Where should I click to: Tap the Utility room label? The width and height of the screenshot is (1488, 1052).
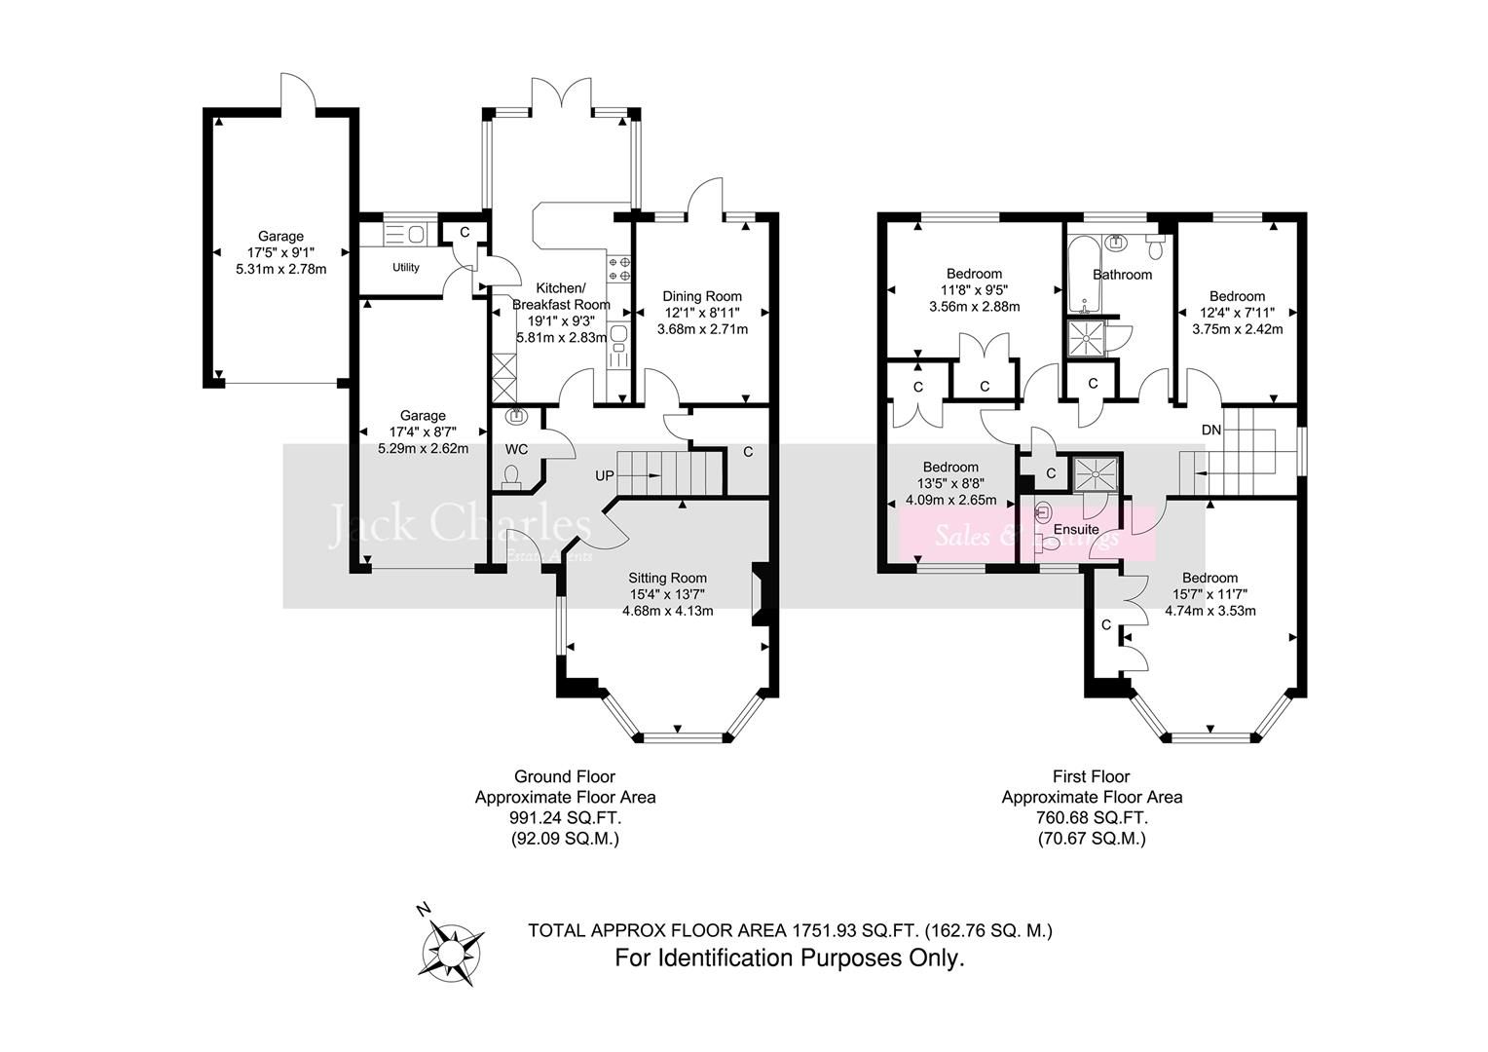click(x=406, y=268)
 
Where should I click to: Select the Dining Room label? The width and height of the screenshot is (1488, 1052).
click(x=702, y=296)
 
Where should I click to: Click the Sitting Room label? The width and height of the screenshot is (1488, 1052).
click(x=667, y=578)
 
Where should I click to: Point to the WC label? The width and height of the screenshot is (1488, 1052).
click(x=516, y=449)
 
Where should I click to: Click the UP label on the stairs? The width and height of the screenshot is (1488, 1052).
click(x=606, y=476)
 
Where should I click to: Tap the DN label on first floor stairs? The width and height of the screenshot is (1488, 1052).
click(x=1210, y=430)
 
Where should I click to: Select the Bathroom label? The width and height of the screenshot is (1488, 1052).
click(x=1122, y=275)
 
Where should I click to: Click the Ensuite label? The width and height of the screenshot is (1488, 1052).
click(x=1076, y=529)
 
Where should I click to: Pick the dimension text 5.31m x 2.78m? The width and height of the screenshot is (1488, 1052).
click(x=280, y=269)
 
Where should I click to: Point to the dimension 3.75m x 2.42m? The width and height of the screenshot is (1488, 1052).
click(x=1237, y=329)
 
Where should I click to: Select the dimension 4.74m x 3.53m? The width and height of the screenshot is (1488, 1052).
click(x=1209, y=611)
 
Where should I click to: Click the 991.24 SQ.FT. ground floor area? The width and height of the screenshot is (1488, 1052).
click(x=565, y=818)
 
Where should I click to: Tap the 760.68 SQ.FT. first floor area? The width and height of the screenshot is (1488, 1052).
click(x=1092, y=818)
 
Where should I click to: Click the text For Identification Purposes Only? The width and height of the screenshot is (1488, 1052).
click(x=789, y=958)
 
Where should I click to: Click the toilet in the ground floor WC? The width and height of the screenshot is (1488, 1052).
click(x=512, y=476)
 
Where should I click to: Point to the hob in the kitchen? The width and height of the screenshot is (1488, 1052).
click(x=618, y=269)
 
